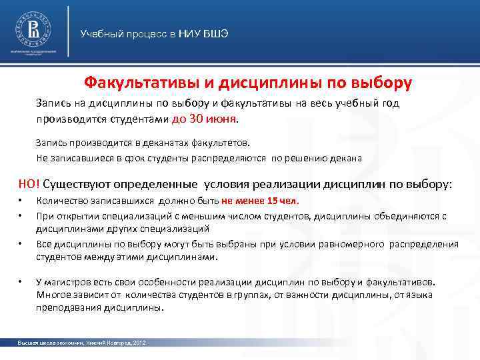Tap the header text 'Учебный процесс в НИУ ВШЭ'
(154, 33)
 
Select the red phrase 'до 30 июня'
(203, 119)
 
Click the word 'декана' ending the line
(347, 158)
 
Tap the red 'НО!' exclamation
(29, 184)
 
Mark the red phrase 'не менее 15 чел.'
(261, 201)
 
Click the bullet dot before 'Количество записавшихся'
(21, 201)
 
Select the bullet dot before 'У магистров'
(21, 282)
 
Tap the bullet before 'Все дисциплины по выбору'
(21, 244)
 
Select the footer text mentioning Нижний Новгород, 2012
(82, 342)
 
